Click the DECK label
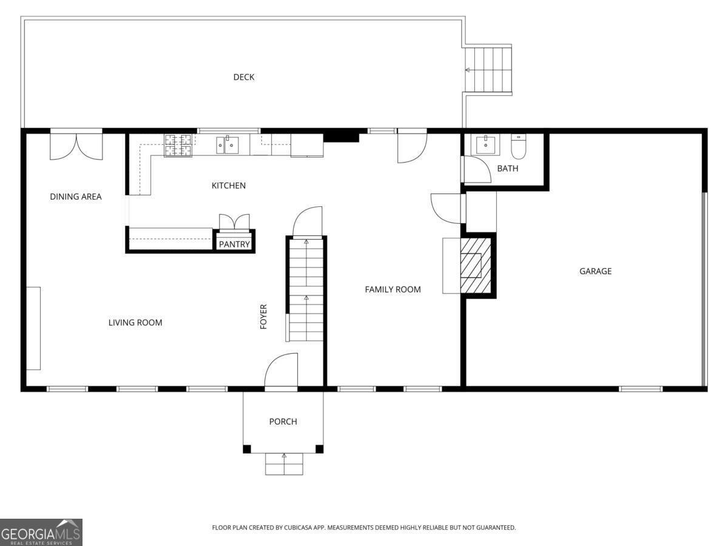[x=244, y=77]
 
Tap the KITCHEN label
[x=229, y=186]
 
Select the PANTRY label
[x=234, y=244]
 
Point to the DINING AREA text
[x=76, y=197]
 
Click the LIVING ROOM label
[x=135, y=323]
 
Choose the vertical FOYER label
[x=264, y=317]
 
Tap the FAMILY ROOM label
[x=393, y=290]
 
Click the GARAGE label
[x=595, y=272]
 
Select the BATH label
[x=508, y=169]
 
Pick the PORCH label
[x=283, y=422]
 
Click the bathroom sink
[x=485, y=146]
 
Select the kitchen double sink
[x=227, y=146]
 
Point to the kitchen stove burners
[x=178, y=146]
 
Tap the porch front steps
[x=284, y=464]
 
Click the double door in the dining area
[x=76, y=146]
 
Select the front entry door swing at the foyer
[x=281, y=371]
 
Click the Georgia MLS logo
[x=41, y=532]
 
